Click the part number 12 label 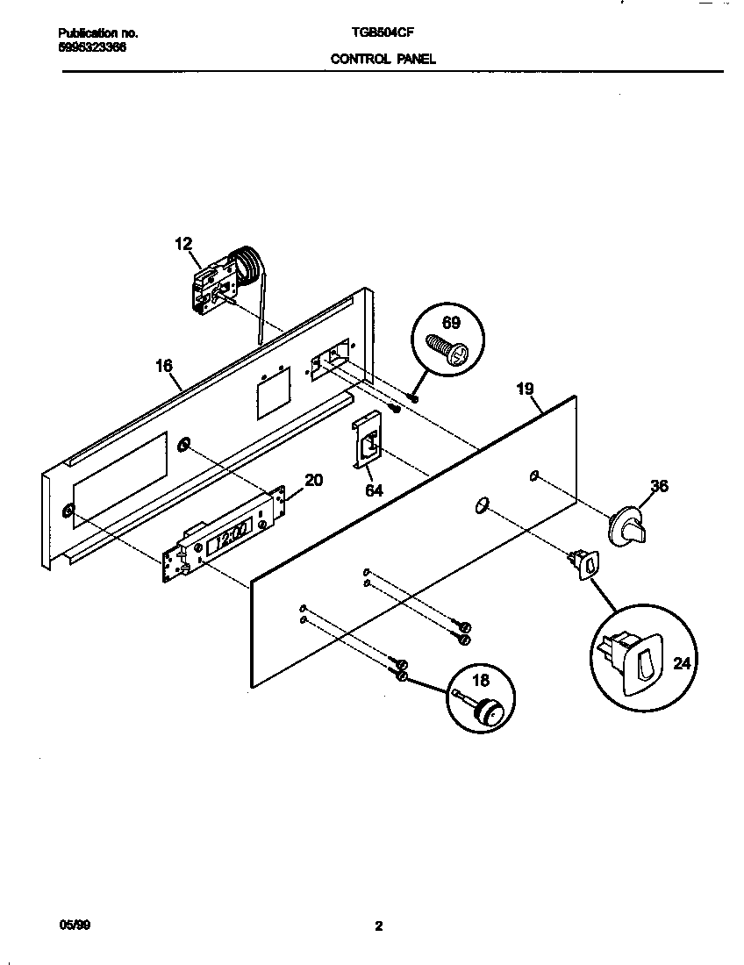coord(183,244)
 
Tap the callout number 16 coord(164,366)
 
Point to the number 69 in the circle coord(450,323)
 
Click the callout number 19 coord(525,388)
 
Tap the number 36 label coord(659,485)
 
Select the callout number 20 coord(313,480)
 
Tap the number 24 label coord(682,663)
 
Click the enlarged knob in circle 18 coord(483,710)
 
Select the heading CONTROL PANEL coord(383,60)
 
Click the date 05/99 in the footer coord(69,926)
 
